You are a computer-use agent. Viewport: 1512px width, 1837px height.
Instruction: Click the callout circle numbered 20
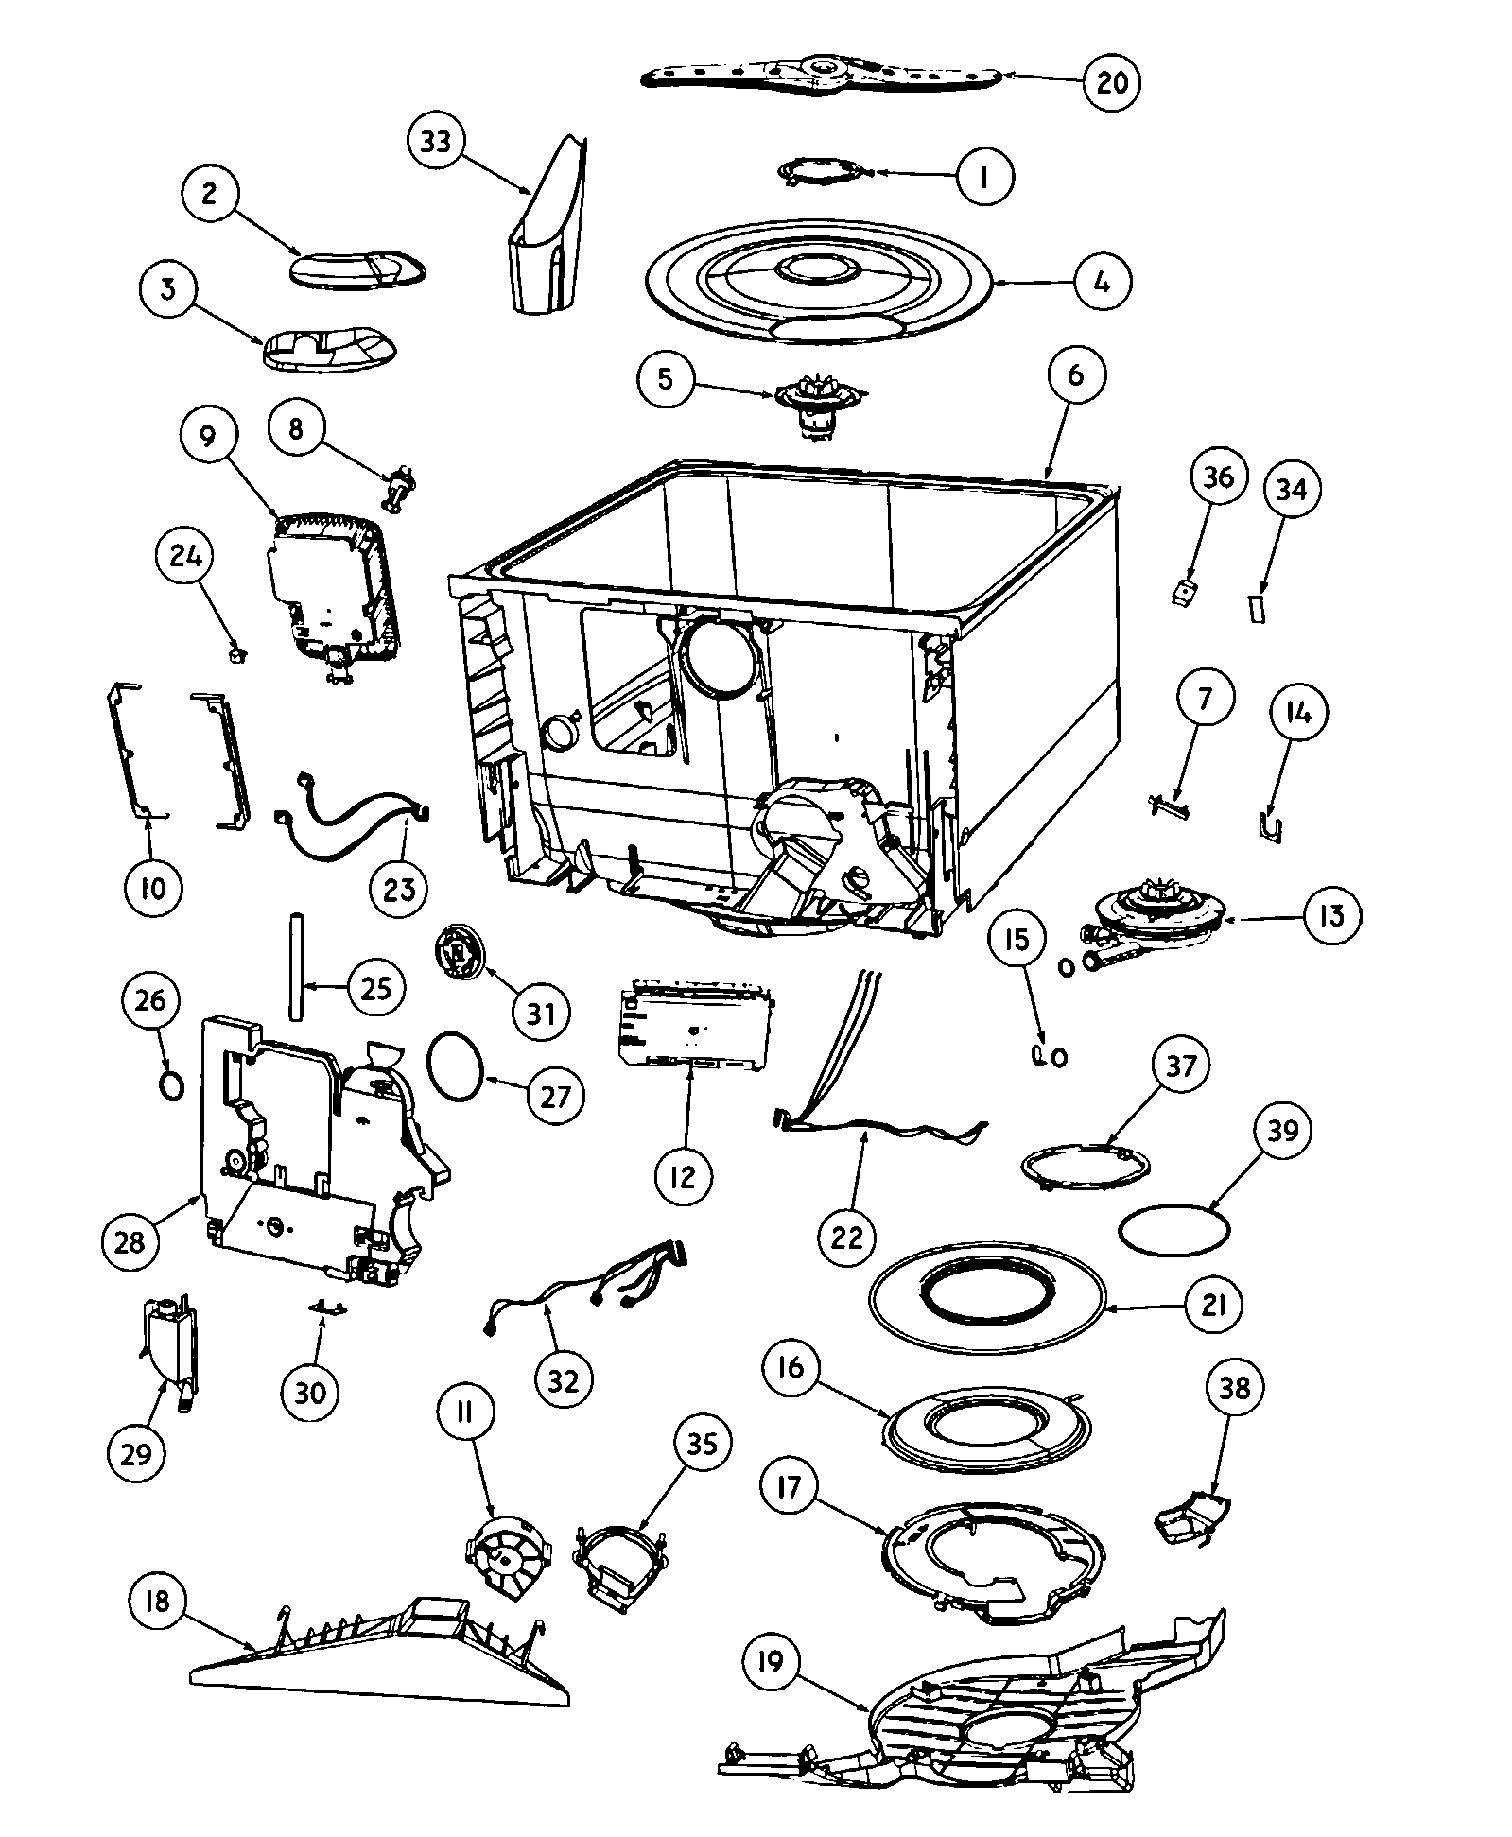(1111, 82)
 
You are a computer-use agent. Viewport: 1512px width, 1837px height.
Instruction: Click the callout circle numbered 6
(1076, 375)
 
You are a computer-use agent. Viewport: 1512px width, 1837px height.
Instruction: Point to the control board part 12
(695, 1031)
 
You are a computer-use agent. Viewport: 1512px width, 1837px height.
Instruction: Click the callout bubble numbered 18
(158, 1601)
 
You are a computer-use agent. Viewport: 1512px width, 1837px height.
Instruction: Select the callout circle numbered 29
(135, 1452)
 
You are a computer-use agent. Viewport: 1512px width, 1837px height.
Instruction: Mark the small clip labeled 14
(1272, 826)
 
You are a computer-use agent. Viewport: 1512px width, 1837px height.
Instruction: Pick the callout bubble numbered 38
(1235, 1387)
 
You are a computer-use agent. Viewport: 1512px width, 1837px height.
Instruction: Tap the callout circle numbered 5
(666, 379)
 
